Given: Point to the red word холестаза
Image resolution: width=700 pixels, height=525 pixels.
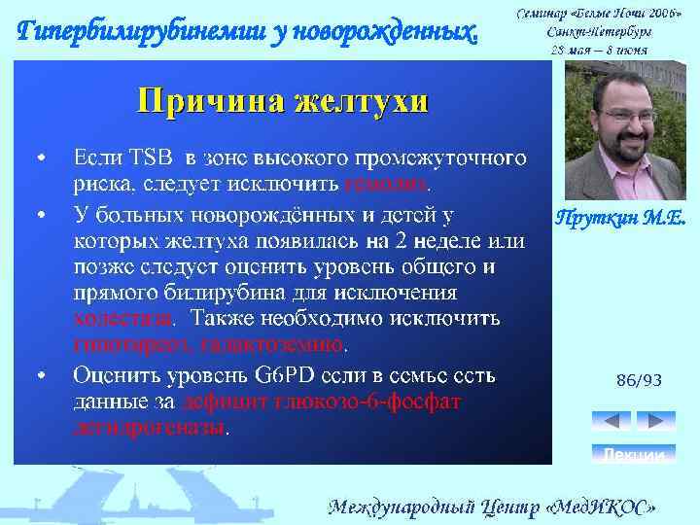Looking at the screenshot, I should pyautogui.click(x=123, y=319).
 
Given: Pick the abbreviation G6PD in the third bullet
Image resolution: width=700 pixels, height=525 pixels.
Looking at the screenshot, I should pyautogui.click(x=282, y=374).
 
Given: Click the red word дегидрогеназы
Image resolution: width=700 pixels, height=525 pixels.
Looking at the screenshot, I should pyautogui.click(x=149, y=427).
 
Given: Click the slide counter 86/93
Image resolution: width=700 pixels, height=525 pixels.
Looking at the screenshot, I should pyautogui.click(x=639, y=381).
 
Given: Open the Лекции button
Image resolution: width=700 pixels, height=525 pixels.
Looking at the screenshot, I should pyautogui.click(x=634, y=455).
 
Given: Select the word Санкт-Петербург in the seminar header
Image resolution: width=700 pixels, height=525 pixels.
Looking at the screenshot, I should pyautogui.click(x=597, y=30).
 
